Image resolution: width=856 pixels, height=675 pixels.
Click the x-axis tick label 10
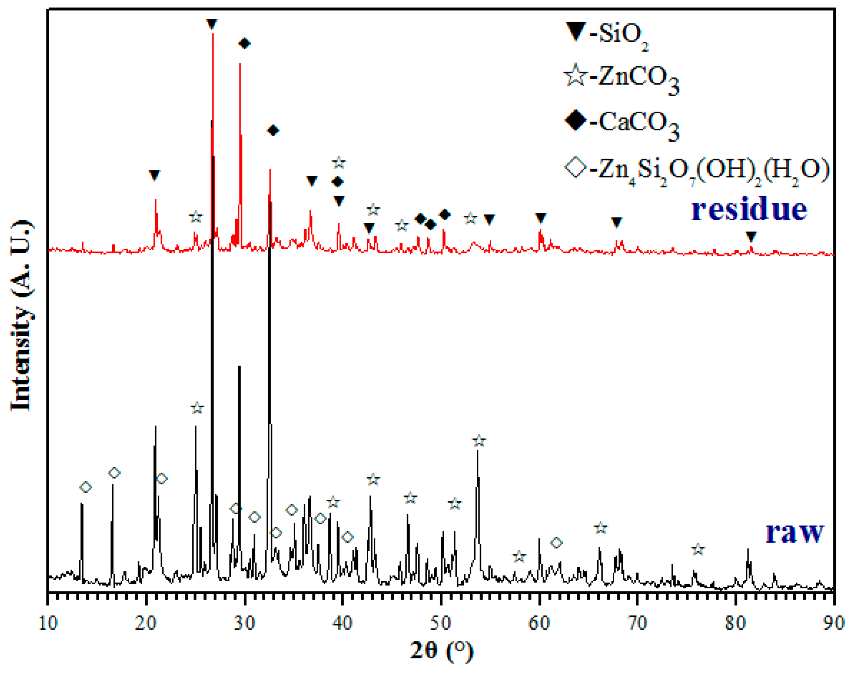[48, 623]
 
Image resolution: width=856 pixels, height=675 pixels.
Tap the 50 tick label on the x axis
[441, 623]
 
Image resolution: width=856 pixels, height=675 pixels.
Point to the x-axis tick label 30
[244, 623]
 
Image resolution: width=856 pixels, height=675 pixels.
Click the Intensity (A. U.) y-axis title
[21, 316]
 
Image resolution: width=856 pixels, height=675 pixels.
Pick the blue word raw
[795, 533]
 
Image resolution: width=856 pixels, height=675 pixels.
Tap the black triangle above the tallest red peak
[212, 24]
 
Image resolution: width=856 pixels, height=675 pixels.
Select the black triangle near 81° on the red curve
[751, 236]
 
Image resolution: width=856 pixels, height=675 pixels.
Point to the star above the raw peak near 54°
[479, 441]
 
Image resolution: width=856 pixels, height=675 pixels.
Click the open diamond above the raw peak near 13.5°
[86, 487]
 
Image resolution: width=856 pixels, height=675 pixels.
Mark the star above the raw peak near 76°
[698, 549]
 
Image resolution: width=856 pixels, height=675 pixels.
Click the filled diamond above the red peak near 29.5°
[244, 43]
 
